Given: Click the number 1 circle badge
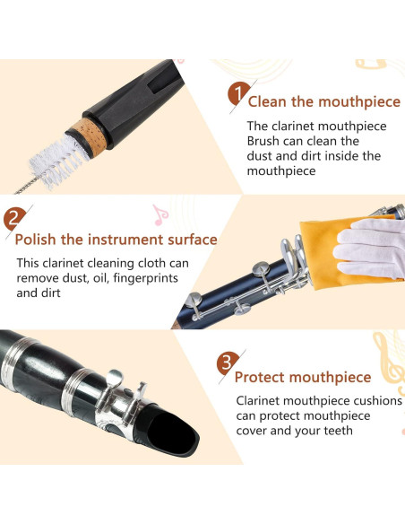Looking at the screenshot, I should point(237,94).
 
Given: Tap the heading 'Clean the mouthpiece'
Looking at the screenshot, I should point(317,101).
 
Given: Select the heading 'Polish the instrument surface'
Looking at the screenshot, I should point(116,240).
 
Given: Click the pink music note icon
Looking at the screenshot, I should point(159,214).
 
